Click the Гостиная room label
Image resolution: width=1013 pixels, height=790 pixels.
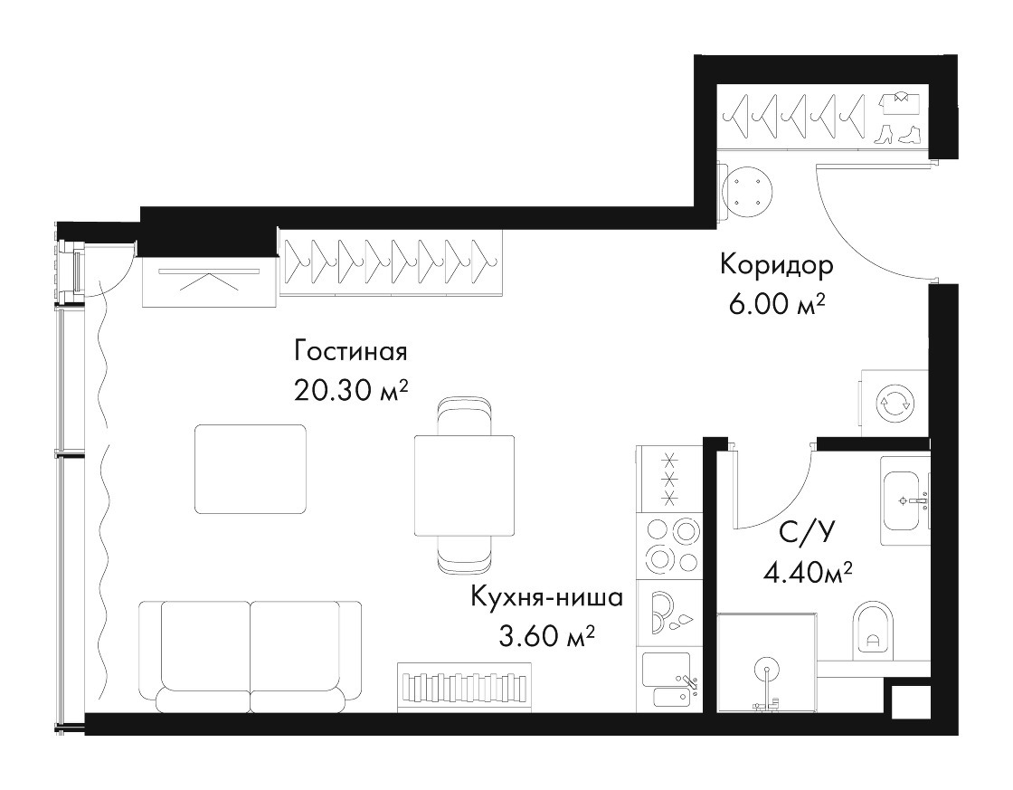coord(351,352)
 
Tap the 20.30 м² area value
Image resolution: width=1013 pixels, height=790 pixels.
coord(351,390)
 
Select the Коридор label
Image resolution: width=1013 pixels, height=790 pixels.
coord(777,265)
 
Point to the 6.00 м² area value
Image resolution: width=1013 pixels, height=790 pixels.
coord(778,304)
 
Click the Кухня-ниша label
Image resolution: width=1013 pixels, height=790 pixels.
coord(546,597)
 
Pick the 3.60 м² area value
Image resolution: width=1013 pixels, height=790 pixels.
coord(546,637)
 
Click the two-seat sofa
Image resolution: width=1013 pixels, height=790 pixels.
coord(250,656)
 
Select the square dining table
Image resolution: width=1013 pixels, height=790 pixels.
coord(464,486)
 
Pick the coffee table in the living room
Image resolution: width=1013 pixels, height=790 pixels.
coord(251,469)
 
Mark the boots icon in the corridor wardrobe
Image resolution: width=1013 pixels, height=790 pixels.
coord(898,134)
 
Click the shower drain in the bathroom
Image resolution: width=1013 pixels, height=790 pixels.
coord(767,671)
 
